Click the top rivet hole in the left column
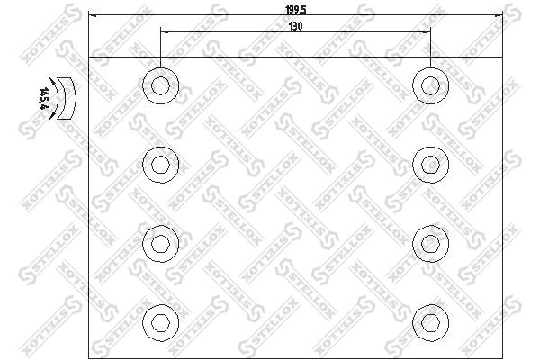click(x=161, y=86)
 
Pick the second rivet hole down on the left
click(x=161, y=164)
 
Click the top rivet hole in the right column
click(x=429, y=86)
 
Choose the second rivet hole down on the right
click(x=429, y=164)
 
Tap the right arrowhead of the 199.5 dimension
click(x=497, y=15)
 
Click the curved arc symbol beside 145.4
click(x=63, y=97)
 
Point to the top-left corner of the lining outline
click(x=91, y=57)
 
